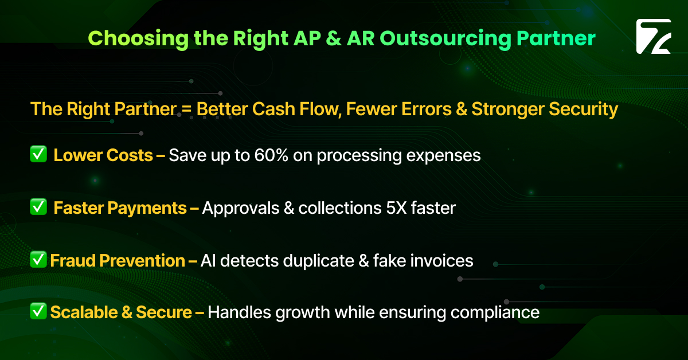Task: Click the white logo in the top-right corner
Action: (653, 37)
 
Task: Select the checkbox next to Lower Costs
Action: (38, 155)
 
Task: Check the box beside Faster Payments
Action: (38, 208)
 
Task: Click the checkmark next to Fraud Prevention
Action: (38, 260)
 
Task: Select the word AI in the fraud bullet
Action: (208, 261)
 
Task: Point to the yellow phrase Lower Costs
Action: (103, 155)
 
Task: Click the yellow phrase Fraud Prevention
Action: (118, 261)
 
